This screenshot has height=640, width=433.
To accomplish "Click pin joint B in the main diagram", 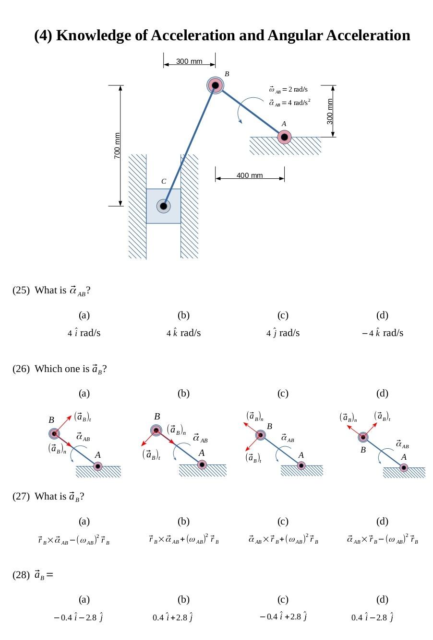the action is [x=215, y=85].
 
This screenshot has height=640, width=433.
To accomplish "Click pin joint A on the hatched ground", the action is [x=284, y=137].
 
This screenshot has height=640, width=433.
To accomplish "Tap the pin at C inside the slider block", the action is [x=163, y=206].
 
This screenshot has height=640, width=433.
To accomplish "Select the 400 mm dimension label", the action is [x=250, y=175].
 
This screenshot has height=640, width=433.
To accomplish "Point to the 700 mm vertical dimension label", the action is [x=117, y=146].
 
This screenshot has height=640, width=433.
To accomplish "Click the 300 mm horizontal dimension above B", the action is [x=189, y=61].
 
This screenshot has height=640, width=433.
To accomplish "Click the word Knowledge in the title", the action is [x=102, y=35].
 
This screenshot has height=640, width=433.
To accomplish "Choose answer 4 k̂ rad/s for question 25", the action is [x=183, y=333].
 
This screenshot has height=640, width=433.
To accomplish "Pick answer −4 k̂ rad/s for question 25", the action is [x=382, y=333].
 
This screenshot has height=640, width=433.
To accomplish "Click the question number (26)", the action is [x=21, y=369].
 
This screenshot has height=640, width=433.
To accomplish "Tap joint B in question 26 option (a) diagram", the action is [x=54, y=433].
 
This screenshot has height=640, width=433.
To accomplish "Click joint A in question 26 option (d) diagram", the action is [x=404, y=468].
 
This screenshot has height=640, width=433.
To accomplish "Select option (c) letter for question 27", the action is [x=283, y=522].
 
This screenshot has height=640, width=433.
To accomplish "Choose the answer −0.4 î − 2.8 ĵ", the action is [x=78, y=617].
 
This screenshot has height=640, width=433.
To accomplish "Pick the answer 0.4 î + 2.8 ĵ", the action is [x=172, y=617].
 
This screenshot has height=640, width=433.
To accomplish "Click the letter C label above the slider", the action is [x=164, y=181].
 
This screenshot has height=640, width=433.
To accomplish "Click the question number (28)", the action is [x=21, y=575].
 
